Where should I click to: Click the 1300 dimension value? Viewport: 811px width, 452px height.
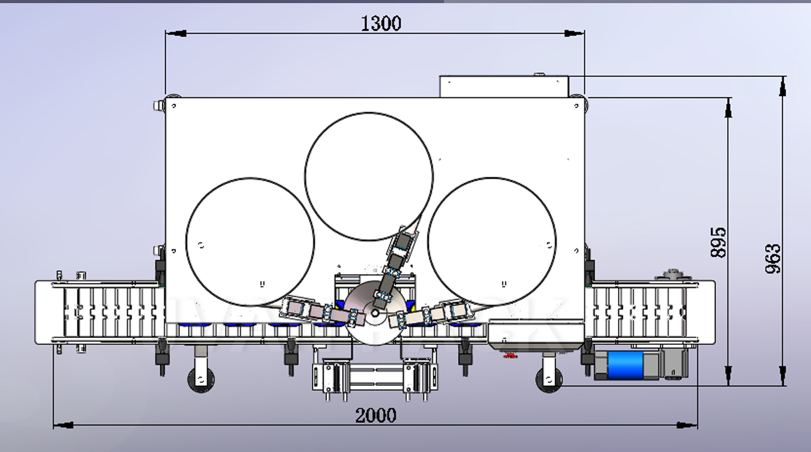coord(381,24)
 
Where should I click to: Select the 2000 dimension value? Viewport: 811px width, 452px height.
coord(375,415)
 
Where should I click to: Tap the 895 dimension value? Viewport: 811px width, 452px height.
coord(718,242)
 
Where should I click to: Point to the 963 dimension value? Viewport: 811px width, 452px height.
coord(773,259)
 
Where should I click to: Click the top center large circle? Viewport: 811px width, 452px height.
coord(369,176)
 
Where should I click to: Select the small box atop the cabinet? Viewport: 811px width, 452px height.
coord(503,86)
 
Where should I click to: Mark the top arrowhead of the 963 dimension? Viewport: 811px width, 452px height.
coord(782,87)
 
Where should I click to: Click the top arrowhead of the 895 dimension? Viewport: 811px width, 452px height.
coord(728,108)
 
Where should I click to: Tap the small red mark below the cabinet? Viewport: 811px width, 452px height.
coord(510,355)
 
